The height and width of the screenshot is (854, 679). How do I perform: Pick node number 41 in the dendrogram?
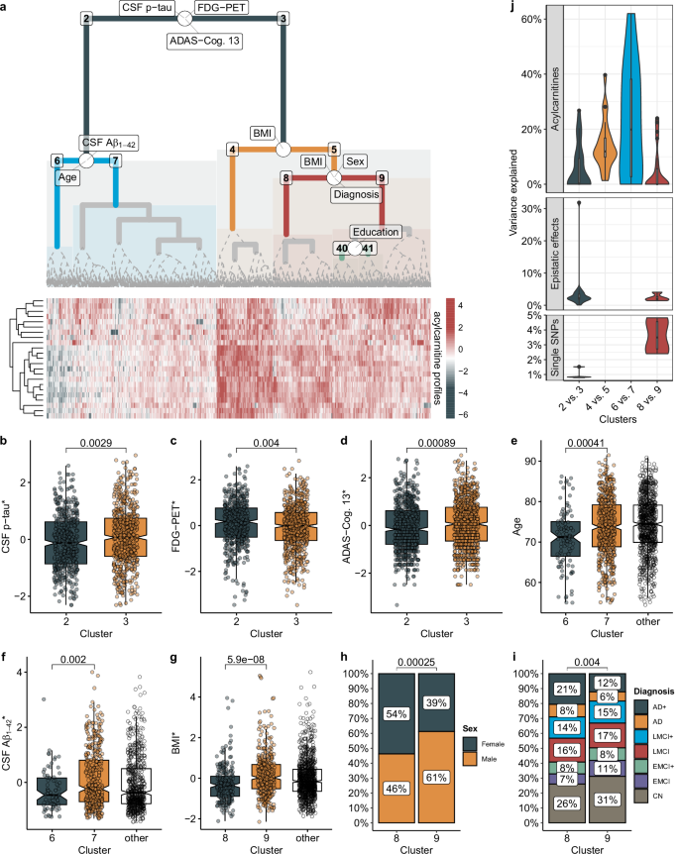click(x=368, y=248)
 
